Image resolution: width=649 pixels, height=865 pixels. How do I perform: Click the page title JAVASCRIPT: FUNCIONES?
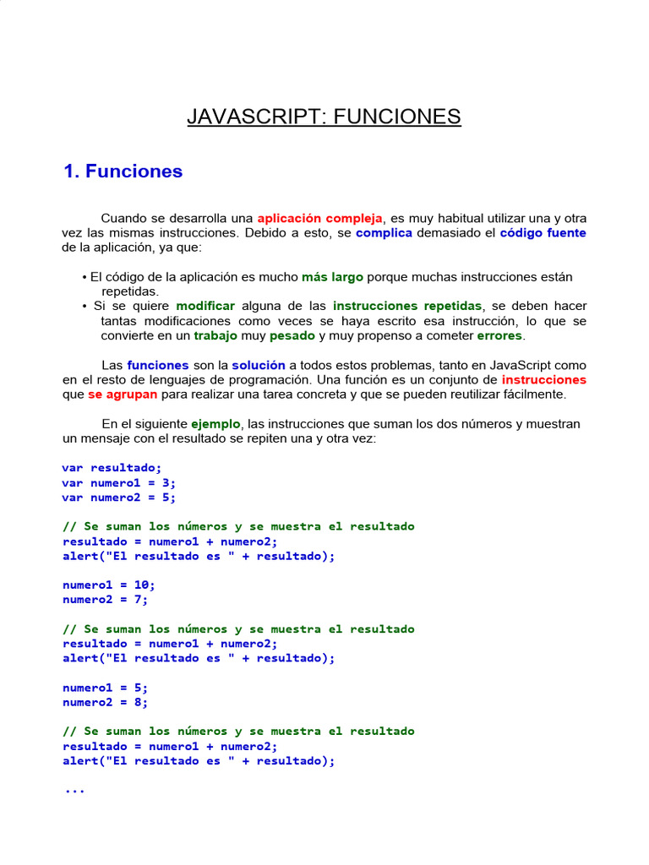tap(324, 116)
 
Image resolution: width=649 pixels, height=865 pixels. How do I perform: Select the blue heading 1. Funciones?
tap(123, 171)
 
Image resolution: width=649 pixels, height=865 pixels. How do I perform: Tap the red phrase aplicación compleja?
tap(320, 218)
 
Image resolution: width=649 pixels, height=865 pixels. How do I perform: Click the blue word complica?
tap(384, 232)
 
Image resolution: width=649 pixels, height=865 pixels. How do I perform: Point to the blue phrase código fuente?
tap(543, 232)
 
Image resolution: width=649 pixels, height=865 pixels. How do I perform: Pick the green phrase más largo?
tap(332, 276)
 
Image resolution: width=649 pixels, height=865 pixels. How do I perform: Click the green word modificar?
tap(205, 306)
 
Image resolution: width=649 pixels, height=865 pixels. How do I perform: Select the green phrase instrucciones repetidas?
tap(407, 306)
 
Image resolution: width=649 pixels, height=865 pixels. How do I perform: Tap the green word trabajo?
tap(215, 335)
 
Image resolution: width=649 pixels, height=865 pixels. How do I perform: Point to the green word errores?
tap(500, 335)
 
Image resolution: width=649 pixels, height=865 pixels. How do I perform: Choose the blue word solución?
tap(259, 365)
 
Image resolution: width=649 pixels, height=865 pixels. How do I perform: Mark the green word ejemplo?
tap(216, 424)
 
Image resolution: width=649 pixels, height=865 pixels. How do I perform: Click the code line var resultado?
tap(112, 468)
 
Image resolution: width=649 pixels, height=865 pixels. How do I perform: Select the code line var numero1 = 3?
tap(119, 482)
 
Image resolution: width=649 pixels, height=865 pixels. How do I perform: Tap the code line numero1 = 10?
tap(109, 585)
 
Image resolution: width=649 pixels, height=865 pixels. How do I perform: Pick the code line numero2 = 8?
tap(106, 702)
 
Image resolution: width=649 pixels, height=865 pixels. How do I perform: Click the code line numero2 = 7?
tap(106, 600)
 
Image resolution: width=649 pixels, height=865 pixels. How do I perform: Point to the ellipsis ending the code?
tap(74, 791)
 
